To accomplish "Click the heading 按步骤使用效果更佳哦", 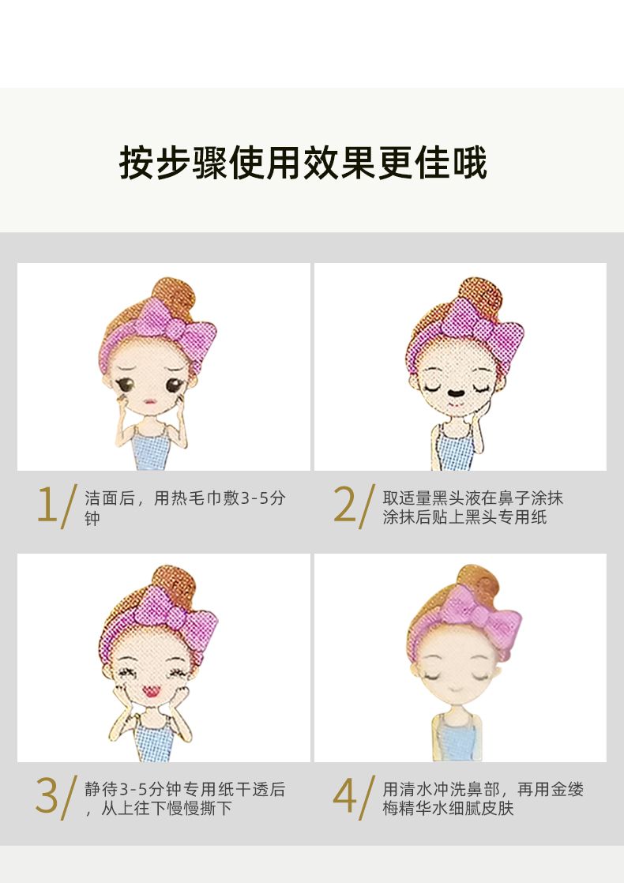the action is click(x=303, y=163).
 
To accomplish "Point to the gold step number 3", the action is click(x=47, y=795).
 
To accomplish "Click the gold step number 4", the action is click(x=344, y=795).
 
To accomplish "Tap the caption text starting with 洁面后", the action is click(x=186, y=507).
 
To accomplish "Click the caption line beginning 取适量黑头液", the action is click(x=473, y=498).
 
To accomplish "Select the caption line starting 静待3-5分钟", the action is click(x=186, y=789).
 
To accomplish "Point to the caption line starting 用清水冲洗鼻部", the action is click(x=483, y=789).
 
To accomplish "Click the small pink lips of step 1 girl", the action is click(x=149, y=401).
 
